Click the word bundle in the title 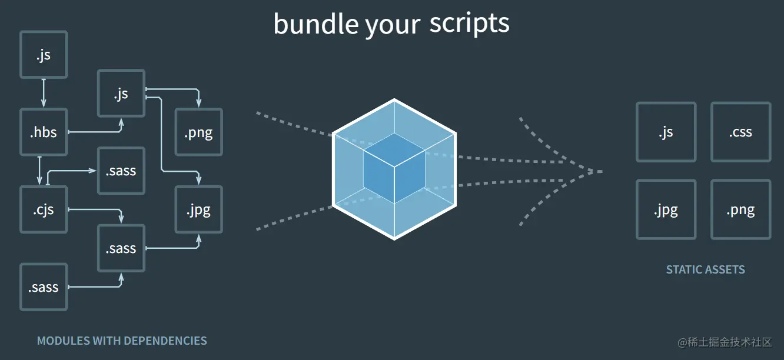coord(315,24)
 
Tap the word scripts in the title coord(469,24)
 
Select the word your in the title coord(393,25)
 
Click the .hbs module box coord(44,132)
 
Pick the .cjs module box coord(44,209)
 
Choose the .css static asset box coord(740,132)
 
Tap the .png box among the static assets coord(740,209)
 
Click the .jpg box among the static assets coord(666,209)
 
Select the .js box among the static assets coord(666,132)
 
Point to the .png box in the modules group coord(198,132)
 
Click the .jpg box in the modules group coord(198,209)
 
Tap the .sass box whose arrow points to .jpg coord(121,248)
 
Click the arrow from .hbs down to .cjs coord(39,171)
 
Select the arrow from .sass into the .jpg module coord(177,248)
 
